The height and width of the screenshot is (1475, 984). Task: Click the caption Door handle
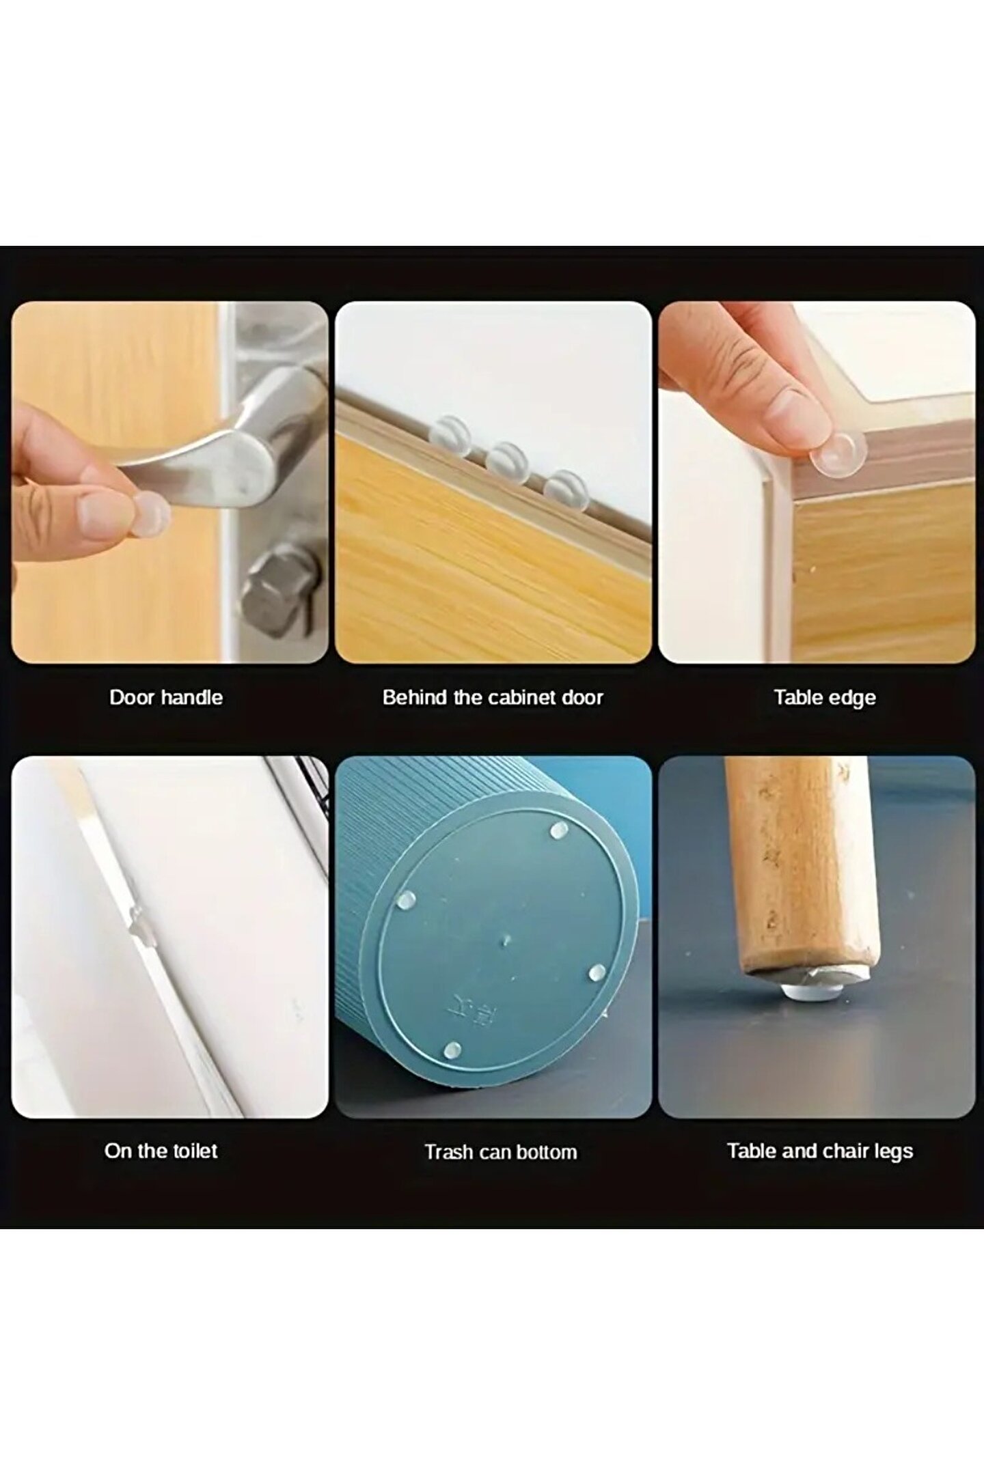166,697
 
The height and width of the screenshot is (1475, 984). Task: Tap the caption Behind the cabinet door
493,697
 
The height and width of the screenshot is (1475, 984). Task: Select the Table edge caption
825,698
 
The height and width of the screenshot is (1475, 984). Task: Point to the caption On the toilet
161,1151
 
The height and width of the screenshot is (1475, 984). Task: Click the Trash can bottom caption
501,1152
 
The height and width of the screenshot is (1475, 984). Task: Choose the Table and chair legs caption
820,1151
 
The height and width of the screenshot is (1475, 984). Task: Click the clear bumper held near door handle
151,509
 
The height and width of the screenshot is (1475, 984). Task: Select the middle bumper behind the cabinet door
507,460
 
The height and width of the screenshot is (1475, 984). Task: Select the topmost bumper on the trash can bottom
559,830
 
